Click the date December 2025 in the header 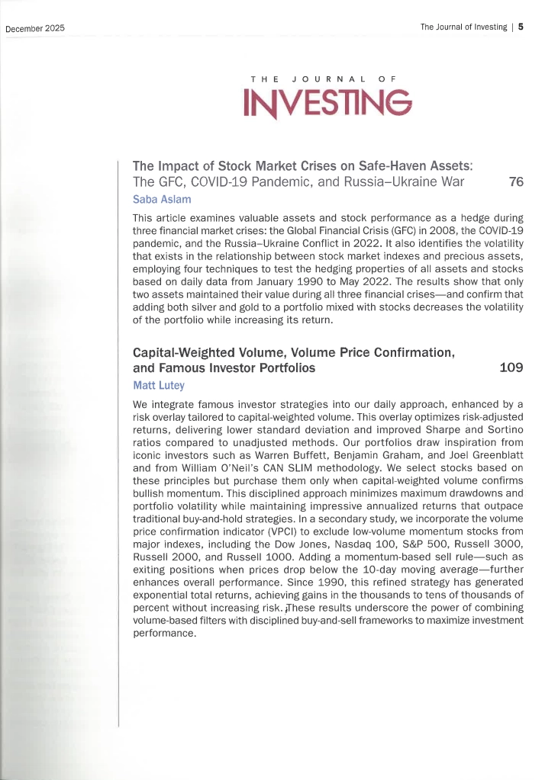click(x=35, y=28)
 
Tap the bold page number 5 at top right click(x=521, y=27)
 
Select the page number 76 click(x=515, y=181)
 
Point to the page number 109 click(x=511, y=368)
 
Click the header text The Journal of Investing click(x=463, y=27)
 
